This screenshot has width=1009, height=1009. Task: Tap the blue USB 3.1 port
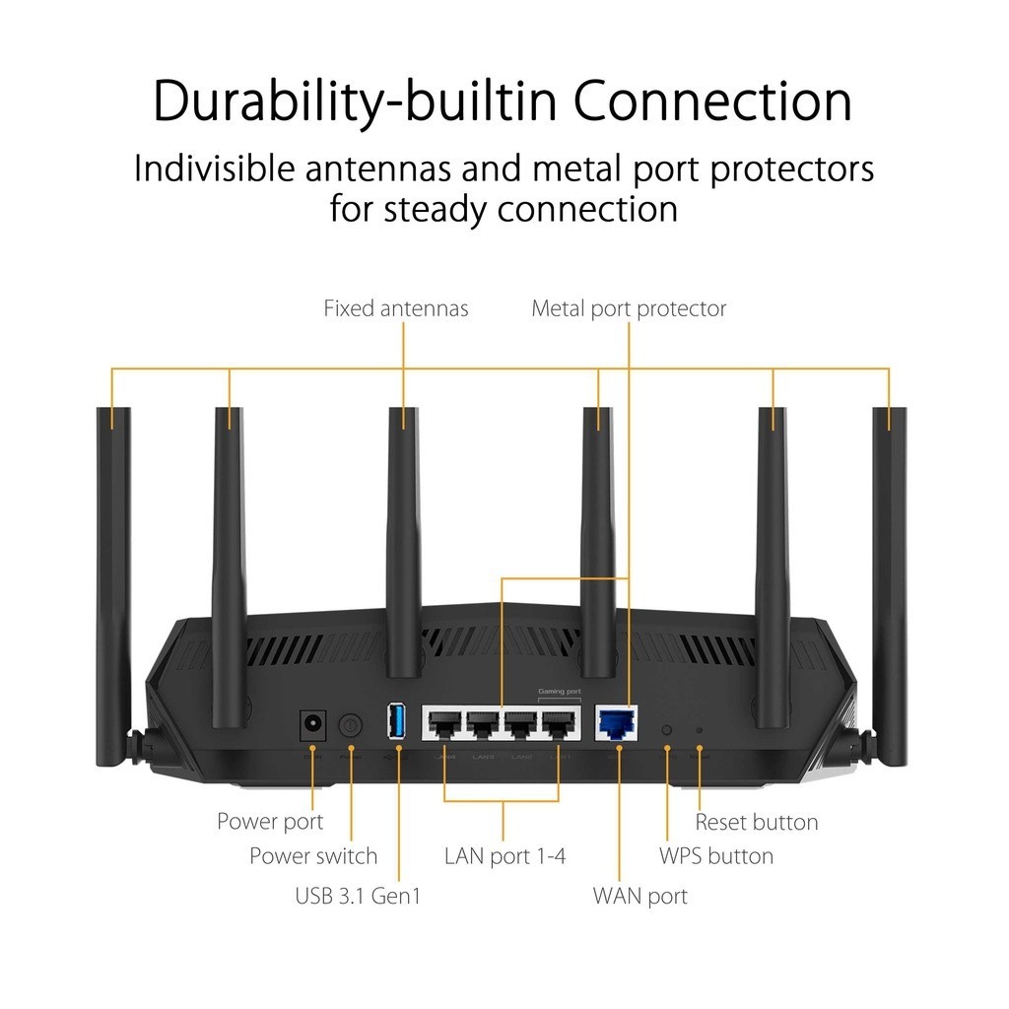click(397, 722)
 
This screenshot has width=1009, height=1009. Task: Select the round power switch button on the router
click(350, 725)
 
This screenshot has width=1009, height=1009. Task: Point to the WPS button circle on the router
click(667, 730)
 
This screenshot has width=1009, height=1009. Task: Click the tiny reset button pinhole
click(700, 730)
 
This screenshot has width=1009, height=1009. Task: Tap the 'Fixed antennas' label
click(396, 308)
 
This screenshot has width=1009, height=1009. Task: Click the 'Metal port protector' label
click(629, 308)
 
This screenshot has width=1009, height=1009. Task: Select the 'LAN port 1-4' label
click(504, 855)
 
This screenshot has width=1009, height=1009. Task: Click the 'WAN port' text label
click(639, 896)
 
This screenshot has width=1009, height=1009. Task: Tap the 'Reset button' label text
click(756, 822)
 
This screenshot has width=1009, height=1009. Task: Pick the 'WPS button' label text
click(715, 855)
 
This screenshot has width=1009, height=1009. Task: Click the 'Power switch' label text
click(313, 855)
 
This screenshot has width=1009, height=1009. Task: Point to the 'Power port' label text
click(270, 821)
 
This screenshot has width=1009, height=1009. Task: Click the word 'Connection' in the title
click(713, 101)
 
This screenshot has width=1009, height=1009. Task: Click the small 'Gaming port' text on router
click(559, 693)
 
